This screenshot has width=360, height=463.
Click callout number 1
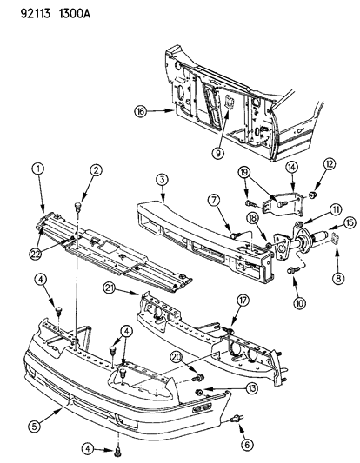click(x=37, y=170)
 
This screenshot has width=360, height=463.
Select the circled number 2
click(x=95, y=170)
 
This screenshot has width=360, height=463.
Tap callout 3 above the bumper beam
click(x=163, y=181)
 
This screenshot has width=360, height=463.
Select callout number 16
click(x=141, y=111)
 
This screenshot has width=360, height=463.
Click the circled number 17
click(x=243, y=301)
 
